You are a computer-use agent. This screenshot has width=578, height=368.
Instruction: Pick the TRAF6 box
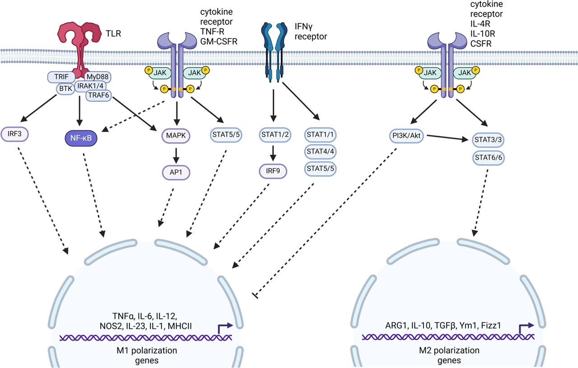(x=99, y=95)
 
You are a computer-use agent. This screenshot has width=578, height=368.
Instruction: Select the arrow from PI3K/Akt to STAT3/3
(x=447, y=137)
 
